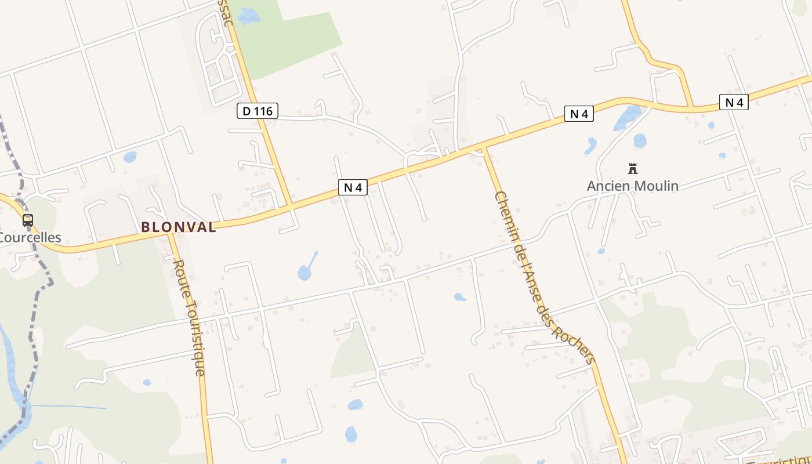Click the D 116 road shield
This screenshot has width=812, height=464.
[x=258, y=110]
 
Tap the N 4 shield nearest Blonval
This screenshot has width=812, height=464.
[x=353, y=187]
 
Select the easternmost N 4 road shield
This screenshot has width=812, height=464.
[x=734, y=102]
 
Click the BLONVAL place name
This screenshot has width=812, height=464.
[x=179, y=227]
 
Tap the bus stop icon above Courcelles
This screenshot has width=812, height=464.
[x=28, y=220]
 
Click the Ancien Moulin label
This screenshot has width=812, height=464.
[x=632, y=186]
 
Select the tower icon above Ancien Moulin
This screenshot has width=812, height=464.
[x=633, y=169]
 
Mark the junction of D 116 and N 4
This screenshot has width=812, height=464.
[x=290, y=206]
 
